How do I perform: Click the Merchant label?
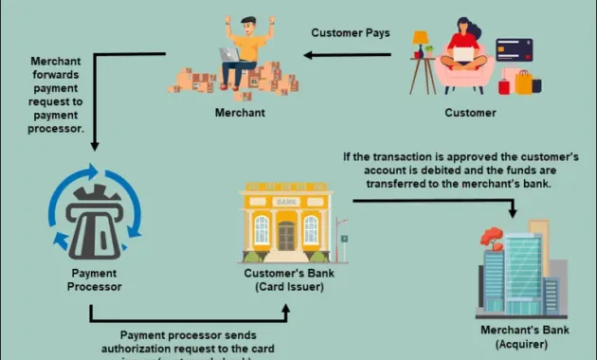(x=239, y=113)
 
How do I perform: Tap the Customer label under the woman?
(x=470, y=113)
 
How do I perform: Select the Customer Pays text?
(x=350, y=33)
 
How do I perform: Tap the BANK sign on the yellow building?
(x=285, y=202)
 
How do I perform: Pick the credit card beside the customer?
(x=514, y=49)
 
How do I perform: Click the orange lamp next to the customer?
(x=421, y=39)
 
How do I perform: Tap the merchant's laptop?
(x=230, y=55)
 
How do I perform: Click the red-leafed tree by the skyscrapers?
(x=493, y=237)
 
